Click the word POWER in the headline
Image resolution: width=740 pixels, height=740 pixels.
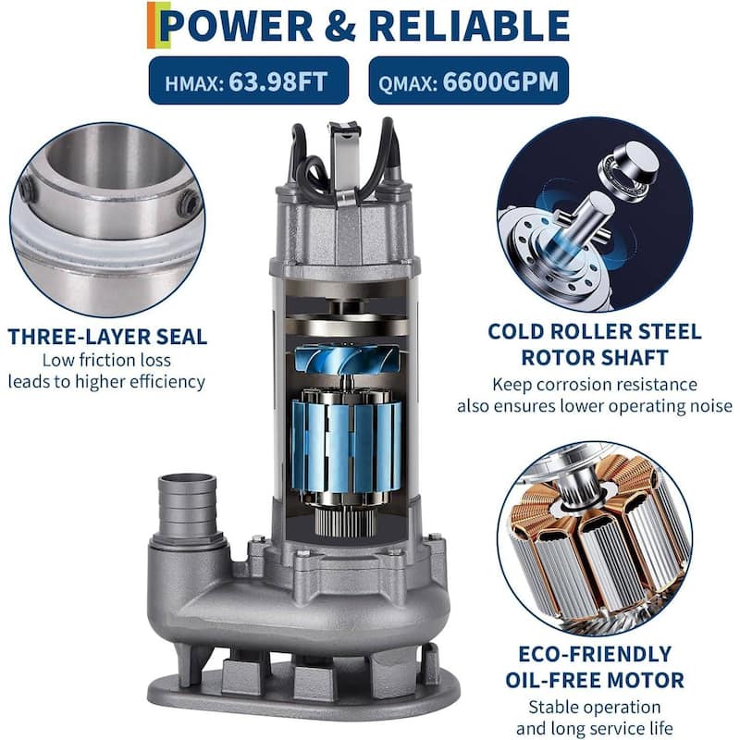pos(235,26)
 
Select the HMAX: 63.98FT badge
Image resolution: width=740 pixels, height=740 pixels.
pos(249,81)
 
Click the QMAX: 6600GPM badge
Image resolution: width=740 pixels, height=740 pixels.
pos(468,81)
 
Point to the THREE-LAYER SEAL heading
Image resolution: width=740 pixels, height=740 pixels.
pos(107,336)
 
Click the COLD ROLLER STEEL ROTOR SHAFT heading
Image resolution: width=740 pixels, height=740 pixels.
pos(594,343)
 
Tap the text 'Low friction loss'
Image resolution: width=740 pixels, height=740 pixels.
pos(107,360)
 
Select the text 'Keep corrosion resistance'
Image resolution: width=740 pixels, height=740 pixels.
pos(594,384)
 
